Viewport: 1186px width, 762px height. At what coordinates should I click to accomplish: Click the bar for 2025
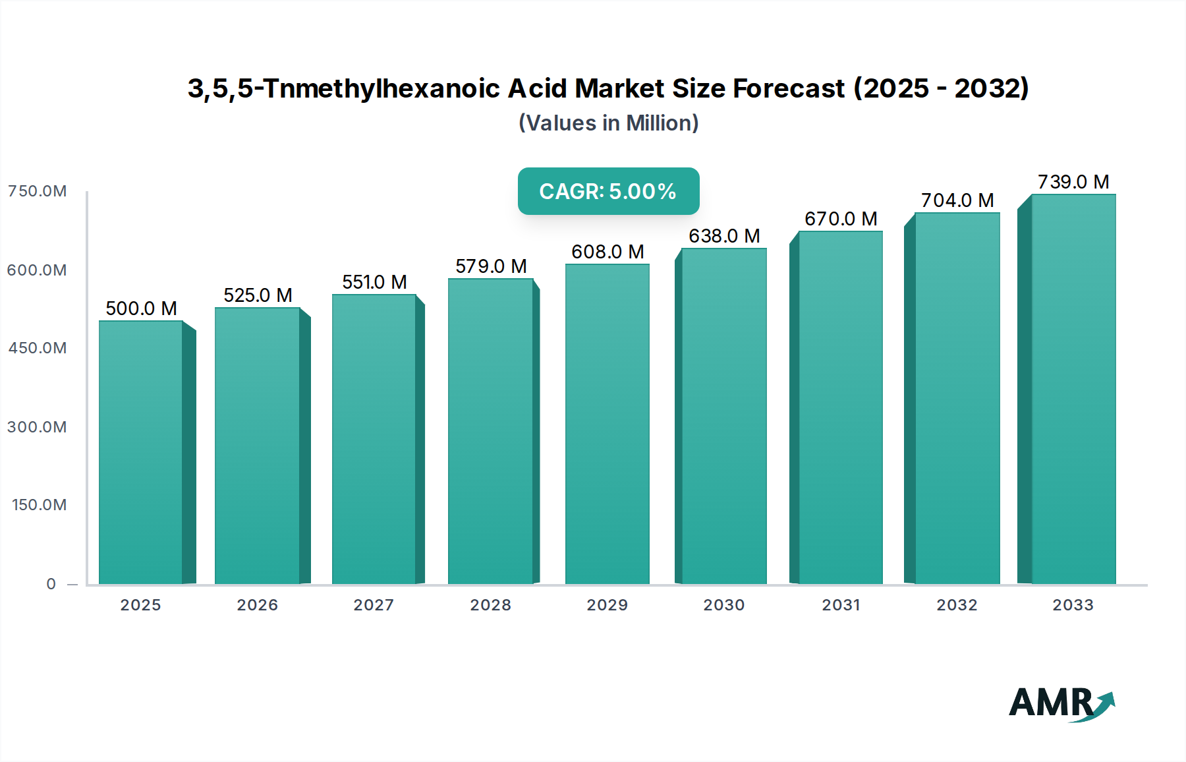(x=140, y=452)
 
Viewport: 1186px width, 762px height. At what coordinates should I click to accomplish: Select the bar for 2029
(x=607, y=424)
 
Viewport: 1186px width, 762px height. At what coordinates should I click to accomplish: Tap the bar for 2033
(x=1073, y=389)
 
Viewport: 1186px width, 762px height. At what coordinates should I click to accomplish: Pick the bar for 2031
(x=840, y=407)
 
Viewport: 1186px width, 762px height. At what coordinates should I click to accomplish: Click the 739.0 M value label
(x=1073, y=182)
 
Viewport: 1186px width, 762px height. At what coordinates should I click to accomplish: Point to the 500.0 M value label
(x=141, y=308)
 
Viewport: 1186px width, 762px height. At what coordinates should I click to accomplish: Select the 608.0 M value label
(x=607, y=252)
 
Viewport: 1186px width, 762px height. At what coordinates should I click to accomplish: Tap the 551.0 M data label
(x=374, y=282)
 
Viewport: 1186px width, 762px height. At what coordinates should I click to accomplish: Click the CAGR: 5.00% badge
(x=608, y=191)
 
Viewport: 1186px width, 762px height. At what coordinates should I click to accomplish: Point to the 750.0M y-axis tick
(x=38, y=191)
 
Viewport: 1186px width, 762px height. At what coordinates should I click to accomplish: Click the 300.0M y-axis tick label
(x=38, y=427)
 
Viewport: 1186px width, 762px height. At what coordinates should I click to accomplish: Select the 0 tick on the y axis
(x=51, y=584)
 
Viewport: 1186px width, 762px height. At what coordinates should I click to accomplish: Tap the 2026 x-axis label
(x=258, y=605)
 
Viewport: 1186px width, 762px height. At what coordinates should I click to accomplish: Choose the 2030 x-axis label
(x=723, y=605)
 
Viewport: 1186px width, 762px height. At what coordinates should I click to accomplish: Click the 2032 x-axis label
(x=957, y=605)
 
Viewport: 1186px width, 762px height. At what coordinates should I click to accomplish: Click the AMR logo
(x=1061, y=703)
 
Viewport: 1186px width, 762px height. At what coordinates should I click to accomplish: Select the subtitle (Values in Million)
(x=608, y=123)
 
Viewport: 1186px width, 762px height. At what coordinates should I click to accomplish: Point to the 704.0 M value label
(x=957, y=200)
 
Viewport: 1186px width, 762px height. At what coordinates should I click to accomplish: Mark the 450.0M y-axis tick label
(x=38, y=348)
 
